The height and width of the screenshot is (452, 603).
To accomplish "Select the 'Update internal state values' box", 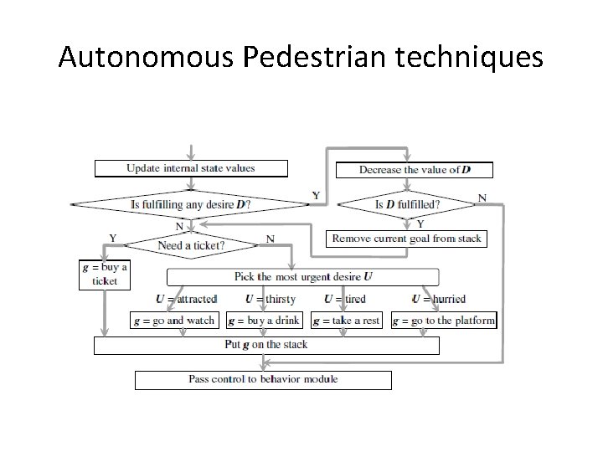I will tap(191, 168).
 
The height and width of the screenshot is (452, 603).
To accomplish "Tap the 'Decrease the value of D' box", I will tap(415, 169).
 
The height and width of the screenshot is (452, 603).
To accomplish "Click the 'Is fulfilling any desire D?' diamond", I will tap(191, 203).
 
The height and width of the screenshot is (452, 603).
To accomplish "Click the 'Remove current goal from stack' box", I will tap(407, 239).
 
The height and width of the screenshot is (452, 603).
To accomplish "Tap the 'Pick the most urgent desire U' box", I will tap(303, 276).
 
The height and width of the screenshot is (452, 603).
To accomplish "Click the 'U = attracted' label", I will tap(186, 299).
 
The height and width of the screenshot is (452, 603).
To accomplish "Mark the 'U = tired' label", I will tap(345, 299).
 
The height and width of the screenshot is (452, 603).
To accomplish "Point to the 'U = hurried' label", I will tap(439, 299).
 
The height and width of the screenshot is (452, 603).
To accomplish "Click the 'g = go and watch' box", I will tap(176, 320).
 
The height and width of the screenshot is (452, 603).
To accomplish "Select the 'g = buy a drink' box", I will tap(264, 320).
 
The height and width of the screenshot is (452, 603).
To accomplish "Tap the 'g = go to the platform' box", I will tap(444, 320).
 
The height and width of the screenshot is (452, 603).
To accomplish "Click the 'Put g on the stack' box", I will tap(266, 345).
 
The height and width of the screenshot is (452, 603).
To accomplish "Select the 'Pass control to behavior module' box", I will tap(263, 379).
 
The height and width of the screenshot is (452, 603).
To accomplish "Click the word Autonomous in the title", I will tap(149, 57).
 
